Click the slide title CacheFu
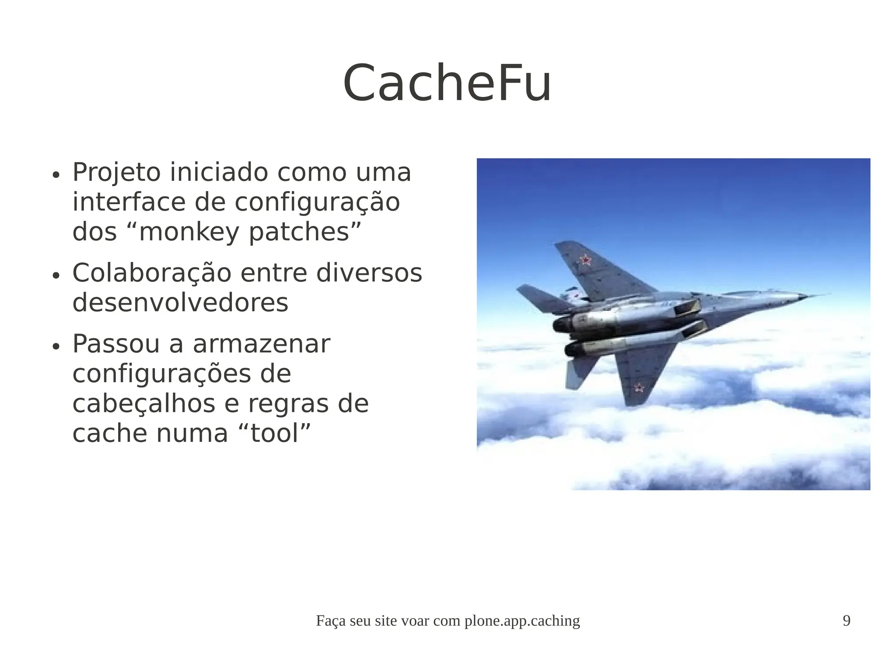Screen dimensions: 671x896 tap(447, 83)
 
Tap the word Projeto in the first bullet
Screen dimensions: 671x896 tap(116, 173)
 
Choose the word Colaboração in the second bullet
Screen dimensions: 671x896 tap(151, 273)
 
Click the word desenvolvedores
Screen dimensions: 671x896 tap(180, 302)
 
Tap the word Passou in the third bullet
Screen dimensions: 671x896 tap(116, 344)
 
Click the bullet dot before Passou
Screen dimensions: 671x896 tap(55, 347)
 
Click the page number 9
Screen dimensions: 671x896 tap(847, 621)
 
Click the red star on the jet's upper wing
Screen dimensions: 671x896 tap(585, 261)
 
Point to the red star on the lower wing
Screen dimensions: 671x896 tap(640, 387)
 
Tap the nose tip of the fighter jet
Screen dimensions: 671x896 tap(827, 295)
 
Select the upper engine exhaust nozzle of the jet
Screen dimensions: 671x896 tap(562, 325)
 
